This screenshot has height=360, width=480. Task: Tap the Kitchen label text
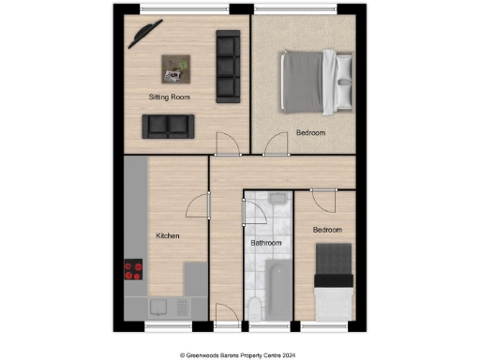click(168, 236)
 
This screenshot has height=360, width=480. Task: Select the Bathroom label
click(265, 243)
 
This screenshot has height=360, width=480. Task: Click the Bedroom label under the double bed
click(311, 133)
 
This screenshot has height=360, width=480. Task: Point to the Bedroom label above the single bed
click(327, 230)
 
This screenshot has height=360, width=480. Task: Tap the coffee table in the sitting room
click(175, 67)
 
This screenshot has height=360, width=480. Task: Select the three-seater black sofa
click(228, 66)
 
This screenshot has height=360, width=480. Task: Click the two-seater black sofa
click(168, 126)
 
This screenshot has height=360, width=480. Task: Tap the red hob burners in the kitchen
click(132, 271)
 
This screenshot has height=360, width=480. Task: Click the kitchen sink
click(159, 306)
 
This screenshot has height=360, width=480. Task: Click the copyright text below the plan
click(239, 354)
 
